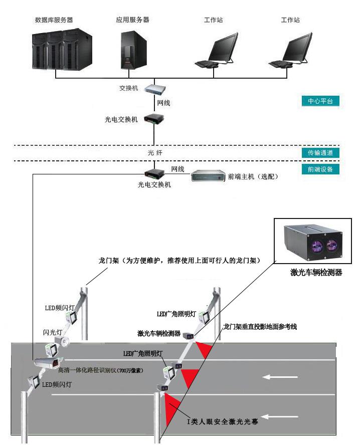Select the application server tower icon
132,50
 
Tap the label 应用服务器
132,20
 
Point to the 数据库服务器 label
54,20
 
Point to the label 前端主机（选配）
253,177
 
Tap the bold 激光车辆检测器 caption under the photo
316,273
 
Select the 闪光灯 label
53,332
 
